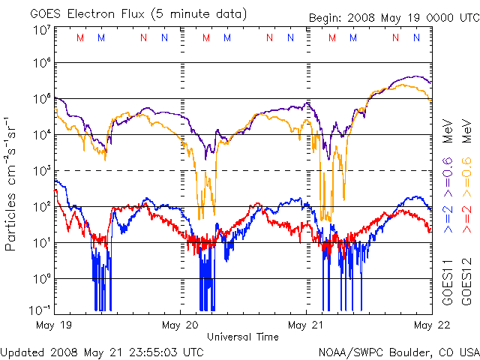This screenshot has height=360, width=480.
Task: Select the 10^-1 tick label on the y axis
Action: coord(40,310)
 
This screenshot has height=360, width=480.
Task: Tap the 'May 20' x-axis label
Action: coord(180,325)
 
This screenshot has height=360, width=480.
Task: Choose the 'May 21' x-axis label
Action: coord(306,325)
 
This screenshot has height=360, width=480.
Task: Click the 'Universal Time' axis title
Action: coord(243,337)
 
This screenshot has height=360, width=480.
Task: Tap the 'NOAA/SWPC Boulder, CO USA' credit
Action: coord(397,351)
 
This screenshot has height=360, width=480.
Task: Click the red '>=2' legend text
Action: coord(466,217)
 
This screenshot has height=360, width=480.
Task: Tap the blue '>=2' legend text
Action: coord(448,217)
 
